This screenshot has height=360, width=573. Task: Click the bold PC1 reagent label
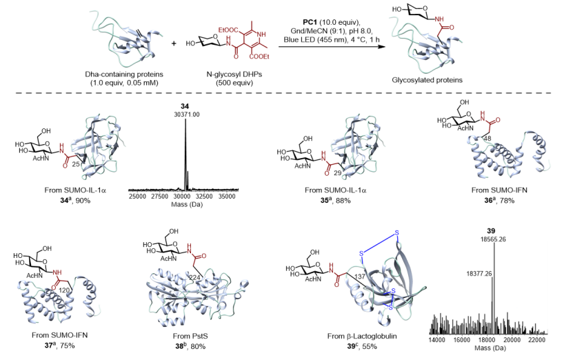pyautogui.click(x=310, y=22)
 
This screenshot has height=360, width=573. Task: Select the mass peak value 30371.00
pyautogui.click(x=187, y=114)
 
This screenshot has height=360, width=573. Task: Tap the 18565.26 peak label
pyautogui.click(x=493, y=239)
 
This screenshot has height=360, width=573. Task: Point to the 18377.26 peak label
pyautogui.click(x=479, y=273)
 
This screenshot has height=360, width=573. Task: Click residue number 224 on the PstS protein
pyautogui.click(x=194, y=278)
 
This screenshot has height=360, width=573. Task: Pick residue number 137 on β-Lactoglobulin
pyautogui.click(x=360, y=277)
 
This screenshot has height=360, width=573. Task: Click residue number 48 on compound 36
pyautogui.click(x=487, y=139)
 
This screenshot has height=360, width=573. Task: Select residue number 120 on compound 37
pyautogui.click(x=64, y=290)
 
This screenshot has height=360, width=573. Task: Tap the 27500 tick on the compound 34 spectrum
pyautogui.click(x=161, y=197)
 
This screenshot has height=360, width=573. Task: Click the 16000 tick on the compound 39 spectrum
pyautogui.click(x=461, y=340)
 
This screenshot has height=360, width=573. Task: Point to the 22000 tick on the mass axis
pyautogui.click(x=536, y=340)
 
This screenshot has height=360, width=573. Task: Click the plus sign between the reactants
pyautogui.click(x=174, y=43)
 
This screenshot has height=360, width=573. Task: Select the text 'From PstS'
pyautogui.click(x=190, y=336)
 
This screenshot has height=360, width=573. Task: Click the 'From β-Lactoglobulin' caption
pyautogui.click(x=362, y=336)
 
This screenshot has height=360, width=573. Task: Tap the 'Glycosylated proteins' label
pyautogui.click(x=427, y=80)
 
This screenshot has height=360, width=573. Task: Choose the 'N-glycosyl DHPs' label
pyautogui.click(x=234, y=74)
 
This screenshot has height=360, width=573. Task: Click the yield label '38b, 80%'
pyautogui.click(x=190, y=346)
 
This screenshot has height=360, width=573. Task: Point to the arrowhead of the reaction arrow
pyautogui.click(x=383, y=47)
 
